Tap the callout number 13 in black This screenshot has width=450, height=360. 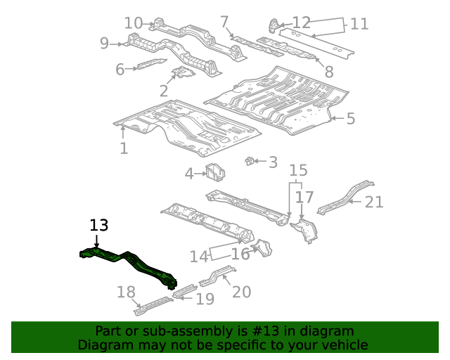[x=99, y=226]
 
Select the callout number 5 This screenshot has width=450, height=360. [x=351, y=119]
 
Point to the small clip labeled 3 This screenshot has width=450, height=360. [x=250, y=161]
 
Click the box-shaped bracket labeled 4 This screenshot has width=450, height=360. [x=215, y=172]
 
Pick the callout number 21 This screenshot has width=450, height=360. [x=374, y=202]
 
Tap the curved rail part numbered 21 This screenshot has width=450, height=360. [x=346, y=198]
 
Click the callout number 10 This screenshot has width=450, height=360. [x=134, y=23]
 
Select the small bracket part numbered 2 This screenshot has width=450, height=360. [x=183, y=72]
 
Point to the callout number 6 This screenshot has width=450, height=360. [x=120, y=70]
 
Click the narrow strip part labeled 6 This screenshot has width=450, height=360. [x=152, y=64]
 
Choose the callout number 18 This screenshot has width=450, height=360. [x=126, y=292]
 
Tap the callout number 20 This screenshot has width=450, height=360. [x=242, y=292]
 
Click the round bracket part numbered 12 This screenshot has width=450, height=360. [x=274, y=26]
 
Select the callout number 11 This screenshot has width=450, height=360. [x=359, y=24]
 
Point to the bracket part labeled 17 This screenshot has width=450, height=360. [x=304, y=231]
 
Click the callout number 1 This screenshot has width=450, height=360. [x=124, y=148]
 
